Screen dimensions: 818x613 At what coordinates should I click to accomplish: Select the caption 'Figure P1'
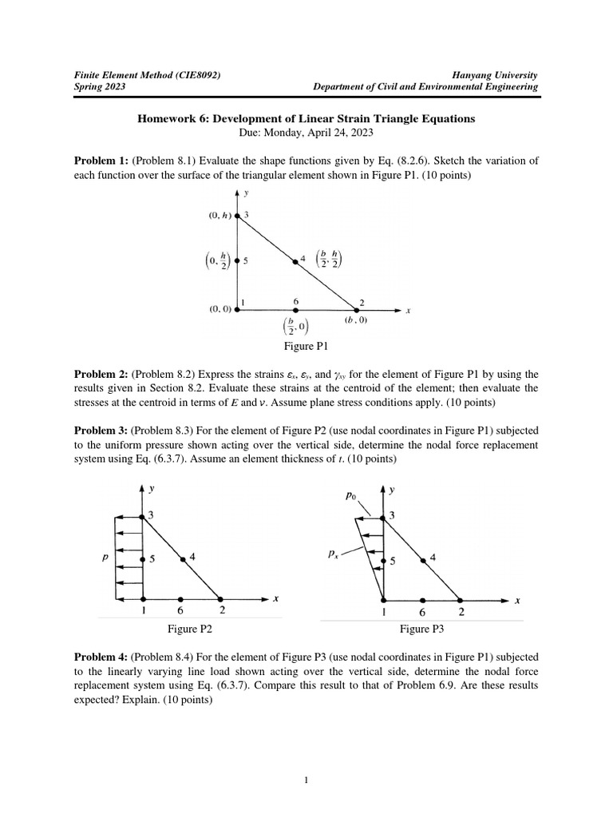306,346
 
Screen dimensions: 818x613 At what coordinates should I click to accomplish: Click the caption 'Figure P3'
422,629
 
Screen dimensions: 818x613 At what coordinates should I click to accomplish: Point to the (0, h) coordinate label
219,215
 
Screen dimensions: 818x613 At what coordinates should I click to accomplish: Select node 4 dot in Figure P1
293,260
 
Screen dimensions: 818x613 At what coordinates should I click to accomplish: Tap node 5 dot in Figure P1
238,260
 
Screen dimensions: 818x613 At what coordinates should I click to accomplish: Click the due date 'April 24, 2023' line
306,132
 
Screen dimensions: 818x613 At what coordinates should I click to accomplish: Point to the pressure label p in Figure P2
105,558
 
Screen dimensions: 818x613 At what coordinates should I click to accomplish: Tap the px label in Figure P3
333,552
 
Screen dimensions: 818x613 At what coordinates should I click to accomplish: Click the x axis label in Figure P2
275,598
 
